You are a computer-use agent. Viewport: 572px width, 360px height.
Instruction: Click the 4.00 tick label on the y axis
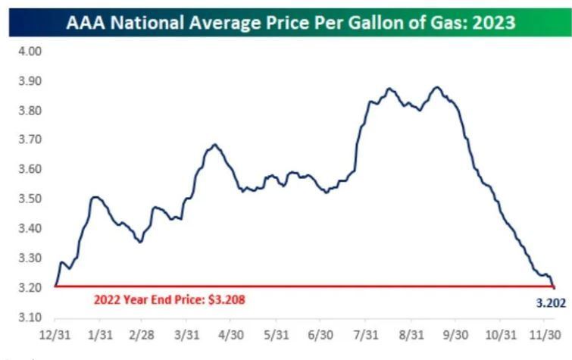pos(30,51)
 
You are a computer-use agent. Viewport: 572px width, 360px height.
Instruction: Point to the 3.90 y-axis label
pos(30,80)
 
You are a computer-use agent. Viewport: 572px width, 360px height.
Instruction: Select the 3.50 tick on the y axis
pos(30,199)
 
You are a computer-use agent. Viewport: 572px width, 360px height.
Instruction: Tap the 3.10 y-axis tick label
pos(30,317)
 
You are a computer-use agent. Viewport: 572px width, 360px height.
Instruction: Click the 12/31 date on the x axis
pos(55,335)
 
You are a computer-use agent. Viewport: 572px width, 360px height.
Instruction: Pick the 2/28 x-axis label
pos(142,335)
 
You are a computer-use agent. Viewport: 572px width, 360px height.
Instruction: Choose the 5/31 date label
pos(276,335)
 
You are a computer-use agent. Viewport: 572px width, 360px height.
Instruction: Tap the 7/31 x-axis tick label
pos(366,335)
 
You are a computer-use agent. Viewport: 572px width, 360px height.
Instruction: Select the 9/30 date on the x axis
pos(455,335)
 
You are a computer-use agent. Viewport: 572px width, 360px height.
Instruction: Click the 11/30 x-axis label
pos(545,335)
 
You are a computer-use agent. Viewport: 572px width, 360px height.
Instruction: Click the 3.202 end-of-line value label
pos(551,303)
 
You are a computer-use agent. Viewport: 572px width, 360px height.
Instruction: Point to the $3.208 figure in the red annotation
pos(227,300)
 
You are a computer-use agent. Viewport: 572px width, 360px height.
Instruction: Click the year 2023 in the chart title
pos(494,23)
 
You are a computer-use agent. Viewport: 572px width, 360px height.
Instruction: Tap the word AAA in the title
pos(86,23)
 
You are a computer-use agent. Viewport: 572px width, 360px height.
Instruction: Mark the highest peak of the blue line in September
pos(437,87)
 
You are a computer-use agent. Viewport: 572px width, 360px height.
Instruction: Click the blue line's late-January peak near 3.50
pos(95,198)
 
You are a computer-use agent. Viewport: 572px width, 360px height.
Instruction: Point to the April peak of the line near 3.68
pos(215,145)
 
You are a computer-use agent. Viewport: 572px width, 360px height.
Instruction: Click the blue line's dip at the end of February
pos(140,242)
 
